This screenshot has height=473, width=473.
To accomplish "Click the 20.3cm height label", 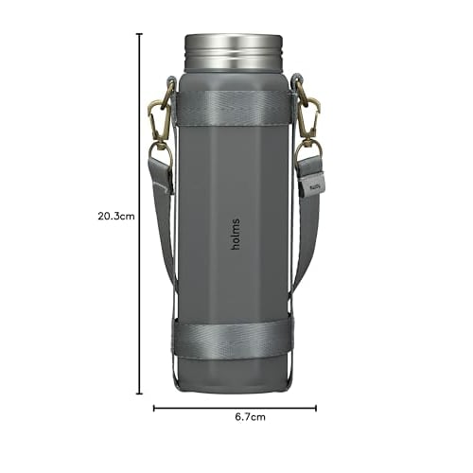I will (116, 215).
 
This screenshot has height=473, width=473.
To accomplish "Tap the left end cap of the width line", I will (154, 410).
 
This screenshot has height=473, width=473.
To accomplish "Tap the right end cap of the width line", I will (317, 410).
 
